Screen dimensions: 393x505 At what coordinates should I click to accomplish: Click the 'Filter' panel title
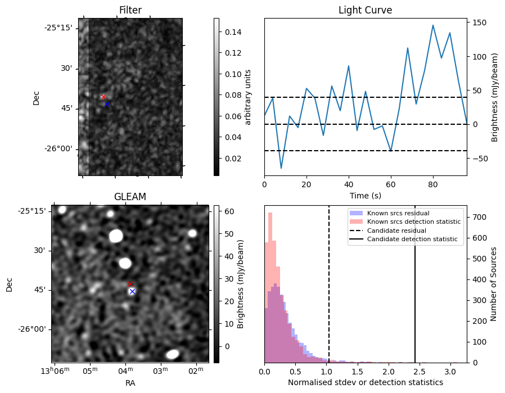click(x=130, y=10)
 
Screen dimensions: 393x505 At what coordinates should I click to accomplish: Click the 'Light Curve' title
click(x=365, y=10)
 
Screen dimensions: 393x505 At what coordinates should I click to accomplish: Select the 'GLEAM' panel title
click(x=130, y=197)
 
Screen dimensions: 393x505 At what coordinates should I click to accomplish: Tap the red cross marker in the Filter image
click(x=103, y=97)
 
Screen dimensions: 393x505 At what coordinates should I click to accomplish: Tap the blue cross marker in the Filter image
click(x=107, y=104)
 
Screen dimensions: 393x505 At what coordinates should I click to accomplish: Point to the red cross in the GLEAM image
click(x=130, y=284)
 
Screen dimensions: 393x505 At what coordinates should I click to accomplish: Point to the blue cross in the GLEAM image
click(x=132, y=291)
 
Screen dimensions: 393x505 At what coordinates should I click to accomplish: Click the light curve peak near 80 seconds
click(x=433, y=25)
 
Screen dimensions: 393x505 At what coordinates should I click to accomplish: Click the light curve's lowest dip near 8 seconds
click(x=281, y=168)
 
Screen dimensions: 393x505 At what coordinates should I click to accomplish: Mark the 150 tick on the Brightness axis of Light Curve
click(x=479, y=22)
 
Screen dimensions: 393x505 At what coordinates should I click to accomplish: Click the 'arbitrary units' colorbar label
click(x=248, y=97)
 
